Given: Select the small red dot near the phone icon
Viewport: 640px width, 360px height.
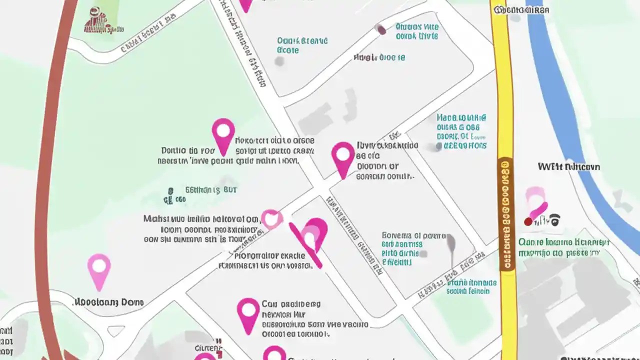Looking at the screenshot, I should point(527,221).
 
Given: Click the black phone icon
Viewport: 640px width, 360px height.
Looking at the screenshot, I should point(554,219).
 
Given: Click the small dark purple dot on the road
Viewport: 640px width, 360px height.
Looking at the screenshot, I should point(381,29).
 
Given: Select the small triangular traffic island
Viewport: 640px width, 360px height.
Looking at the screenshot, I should point(116,330).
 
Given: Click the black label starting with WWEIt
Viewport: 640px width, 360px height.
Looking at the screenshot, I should point(568,166).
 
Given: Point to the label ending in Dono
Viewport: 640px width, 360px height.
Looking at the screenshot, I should point(108,302).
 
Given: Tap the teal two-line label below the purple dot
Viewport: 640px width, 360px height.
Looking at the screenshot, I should point(417,31).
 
